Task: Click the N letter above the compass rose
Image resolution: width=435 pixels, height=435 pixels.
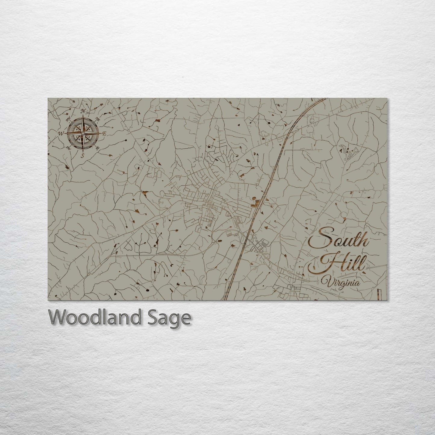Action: point(84,111)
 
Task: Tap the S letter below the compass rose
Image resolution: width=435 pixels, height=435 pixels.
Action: point(82,155)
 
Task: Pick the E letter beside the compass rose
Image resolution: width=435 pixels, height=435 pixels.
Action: point(104,133)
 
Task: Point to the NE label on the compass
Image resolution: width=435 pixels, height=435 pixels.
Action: point(98,118)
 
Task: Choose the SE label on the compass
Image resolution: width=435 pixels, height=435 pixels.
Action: point(98,148)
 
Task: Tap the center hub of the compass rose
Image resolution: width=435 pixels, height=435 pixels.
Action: point(83,133)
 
